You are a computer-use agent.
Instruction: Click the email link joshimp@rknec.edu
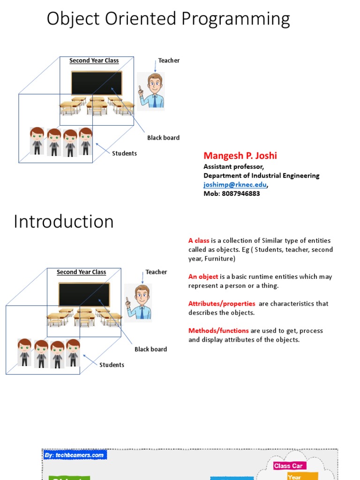(x=235, y=185)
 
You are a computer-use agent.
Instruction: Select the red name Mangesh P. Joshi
(x=240, y=156)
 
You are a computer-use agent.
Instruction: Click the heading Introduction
(x=64, y=222)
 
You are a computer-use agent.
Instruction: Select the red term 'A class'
(x=199, y=240)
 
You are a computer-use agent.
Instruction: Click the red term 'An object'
(x=203, y=277)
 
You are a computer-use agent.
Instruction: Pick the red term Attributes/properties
(x=222, y=304)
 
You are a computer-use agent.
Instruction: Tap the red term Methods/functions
(x=218, y=331)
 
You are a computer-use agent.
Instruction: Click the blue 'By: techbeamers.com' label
(x=75, y=455)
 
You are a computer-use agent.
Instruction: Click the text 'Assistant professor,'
(x=233, y=166)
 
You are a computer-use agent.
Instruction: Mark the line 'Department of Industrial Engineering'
(x=261, y=176)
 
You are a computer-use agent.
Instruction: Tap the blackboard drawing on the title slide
(x=97, y=83)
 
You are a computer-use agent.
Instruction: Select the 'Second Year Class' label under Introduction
(x=81, y=272)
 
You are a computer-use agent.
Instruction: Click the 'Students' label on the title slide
(x=124, y=154)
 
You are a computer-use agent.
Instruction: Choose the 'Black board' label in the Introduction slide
(x=150, y=349)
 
